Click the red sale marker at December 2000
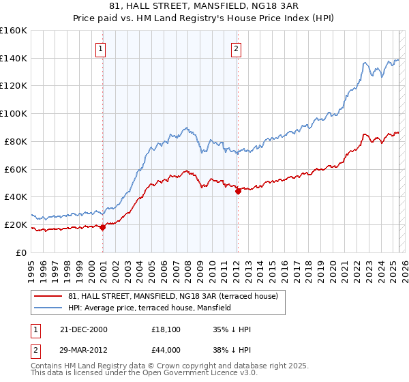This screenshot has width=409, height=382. (102, 228)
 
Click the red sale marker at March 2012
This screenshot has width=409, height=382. (238, 192)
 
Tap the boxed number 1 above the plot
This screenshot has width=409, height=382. (100, 48)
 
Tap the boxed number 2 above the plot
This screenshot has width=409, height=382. (236, 48)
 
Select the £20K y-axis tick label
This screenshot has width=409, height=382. (16, 224)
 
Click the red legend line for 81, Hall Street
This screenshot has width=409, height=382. (49, 297)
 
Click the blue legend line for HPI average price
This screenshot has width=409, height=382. (49, 308)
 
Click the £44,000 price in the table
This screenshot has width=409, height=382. (166, 349)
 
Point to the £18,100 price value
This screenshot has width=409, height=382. (166, 329)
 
